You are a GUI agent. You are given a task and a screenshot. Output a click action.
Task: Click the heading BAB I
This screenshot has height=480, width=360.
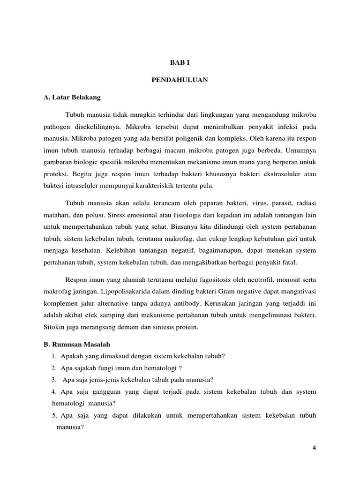pyautogui.click(x=180, y=62)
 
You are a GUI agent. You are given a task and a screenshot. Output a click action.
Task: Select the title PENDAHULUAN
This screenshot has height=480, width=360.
pyautogui.click(x=180, y=80)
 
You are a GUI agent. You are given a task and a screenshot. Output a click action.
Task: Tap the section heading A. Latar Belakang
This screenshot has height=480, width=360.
pyautogui.click(x=72, y=98)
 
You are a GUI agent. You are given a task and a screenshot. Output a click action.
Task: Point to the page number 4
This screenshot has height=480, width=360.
pyautogui.click(x=315, y=448)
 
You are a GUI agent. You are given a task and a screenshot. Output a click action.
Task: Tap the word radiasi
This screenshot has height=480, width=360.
pyautogui.click(x=305, y=204)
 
